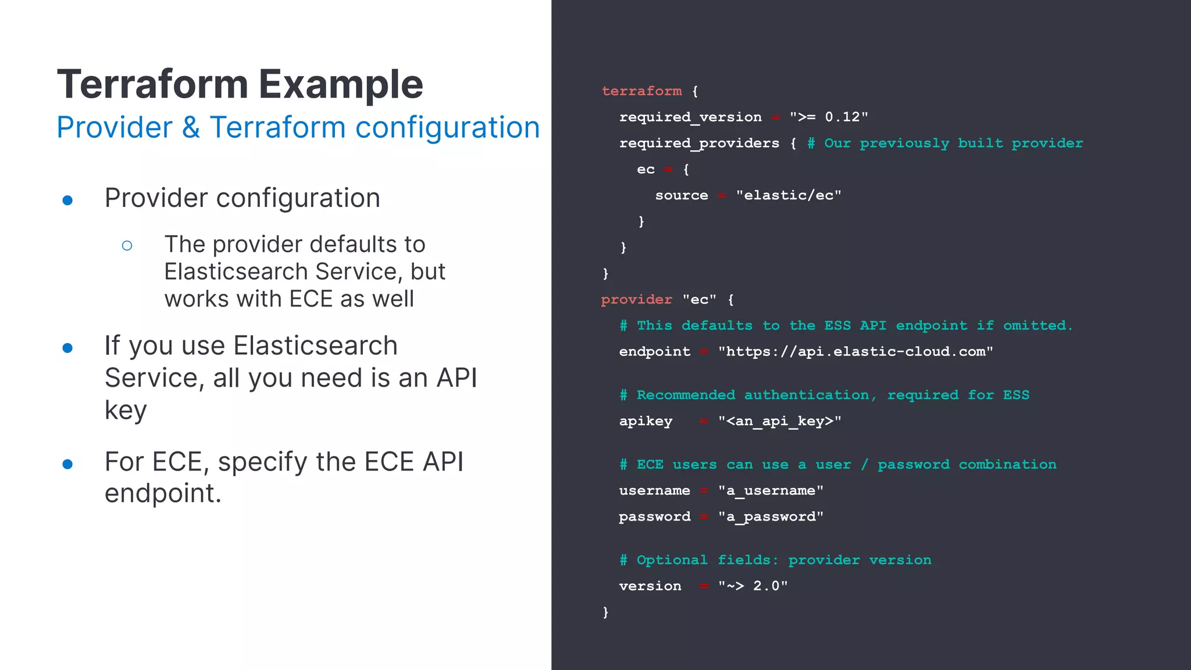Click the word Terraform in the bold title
[153, 84]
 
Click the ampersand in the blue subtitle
[191, 127]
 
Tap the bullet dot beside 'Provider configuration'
[67, 200]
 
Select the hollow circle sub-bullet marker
[127, 245]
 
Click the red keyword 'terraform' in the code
[641, 91]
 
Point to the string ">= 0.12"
[828, 117]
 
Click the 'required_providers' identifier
[699, 143]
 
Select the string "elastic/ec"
[788, 195]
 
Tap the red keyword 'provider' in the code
[636, 300]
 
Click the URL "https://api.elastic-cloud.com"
[855, 351]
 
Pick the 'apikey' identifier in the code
[646, 421]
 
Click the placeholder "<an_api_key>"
[779, 421]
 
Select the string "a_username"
[771, 491]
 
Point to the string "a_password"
[771, 516]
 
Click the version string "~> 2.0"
[753, 586]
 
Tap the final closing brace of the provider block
[605, 612]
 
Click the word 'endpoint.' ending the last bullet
[163, 494]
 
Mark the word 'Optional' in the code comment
[672, 560]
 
